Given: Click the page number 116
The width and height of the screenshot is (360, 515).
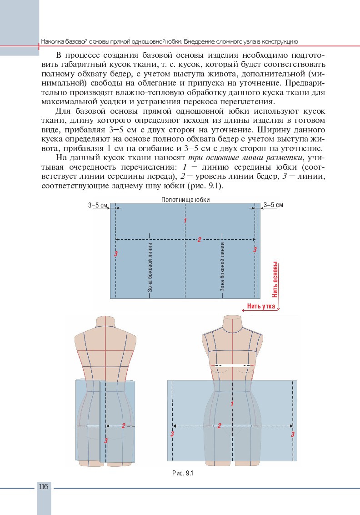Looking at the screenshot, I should pos(44,487).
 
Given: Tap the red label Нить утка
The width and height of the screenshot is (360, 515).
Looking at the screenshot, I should pos(261,306).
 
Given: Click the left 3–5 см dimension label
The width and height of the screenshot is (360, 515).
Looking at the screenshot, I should pos(98,205).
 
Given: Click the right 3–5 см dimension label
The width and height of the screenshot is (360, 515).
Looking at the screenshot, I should pos(273,205).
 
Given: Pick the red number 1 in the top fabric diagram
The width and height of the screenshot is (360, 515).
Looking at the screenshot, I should pos(185,221).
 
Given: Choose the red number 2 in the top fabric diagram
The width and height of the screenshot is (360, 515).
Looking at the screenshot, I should pos(199,240).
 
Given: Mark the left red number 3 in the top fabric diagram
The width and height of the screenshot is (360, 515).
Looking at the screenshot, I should pos(116,253).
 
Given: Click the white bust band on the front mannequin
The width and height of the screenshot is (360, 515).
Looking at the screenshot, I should pos(233,365).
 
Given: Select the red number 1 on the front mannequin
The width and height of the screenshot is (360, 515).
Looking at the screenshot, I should pos(232,404).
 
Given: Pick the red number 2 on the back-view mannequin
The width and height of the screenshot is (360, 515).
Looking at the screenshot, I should pos(123,426).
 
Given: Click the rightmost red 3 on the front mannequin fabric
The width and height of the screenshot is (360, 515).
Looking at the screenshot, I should pos(293,434).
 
